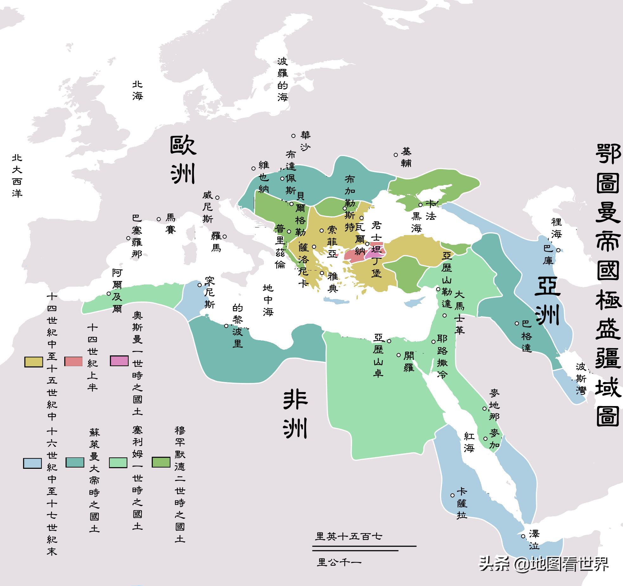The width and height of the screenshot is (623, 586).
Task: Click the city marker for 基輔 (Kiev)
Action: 396,155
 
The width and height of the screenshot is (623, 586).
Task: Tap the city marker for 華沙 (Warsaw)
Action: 293,136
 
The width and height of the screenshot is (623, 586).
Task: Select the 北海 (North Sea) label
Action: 138,90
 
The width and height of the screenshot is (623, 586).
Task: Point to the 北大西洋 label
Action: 17,175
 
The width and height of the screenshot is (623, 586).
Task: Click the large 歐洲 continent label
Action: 183,160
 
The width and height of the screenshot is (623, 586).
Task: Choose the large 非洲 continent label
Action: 295,414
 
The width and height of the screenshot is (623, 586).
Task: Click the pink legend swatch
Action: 119,361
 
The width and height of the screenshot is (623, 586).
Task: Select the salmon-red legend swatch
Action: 74,361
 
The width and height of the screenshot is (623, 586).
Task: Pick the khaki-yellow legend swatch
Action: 34,362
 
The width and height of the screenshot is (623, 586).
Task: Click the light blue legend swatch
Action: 32,463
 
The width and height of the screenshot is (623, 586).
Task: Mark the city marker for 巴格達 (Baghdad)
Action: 517,323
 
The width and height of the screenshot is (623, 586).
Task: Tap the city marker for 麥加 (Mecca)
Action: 485,439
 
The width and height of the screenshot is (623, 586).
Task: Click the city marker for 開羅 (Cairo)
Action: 399,355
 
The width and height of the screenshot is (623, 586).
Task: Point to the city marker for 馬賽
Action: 159,219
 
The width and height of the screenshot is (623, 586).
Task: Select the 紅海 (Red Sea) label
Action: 469,442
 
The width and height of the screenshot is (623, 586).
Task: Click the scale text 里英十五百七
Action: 349,536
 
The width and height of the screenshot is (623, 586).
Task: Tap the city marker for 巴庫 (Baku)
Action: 558,250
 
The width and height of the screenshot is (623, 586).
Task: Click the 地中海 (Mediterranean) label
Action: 268,300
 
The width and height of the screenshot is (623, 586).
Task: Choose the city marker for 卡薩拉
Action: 453,495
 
